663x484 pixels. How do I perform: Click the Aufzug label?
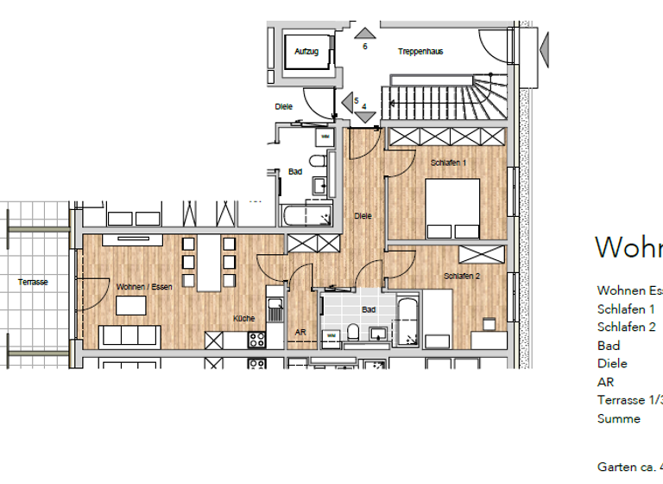pyautogui.click(x=306, y=52)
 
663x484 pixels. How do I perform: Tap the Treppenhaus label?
pyautogui.click(x=420, y=52)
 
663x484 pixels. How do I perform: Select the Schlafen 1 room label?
pyautogui.click(x=448, y=162)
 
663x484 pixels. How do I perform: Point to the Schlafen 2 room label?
pyautogui.click(x=462, y=276)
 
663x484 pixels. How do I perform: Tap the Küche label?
pyautogui.click(x=244, y=319)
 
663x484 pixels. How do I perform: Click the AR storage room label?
pyautogui.click(x=300, y=332)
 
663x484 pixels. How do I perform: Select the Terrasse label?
pyautogui.click(x=33, y=283)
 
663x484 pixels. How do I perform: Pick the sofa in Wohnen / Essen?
pyautogui.click(x=129, y=335)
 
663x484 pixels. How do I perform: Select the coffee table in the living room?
pyautogui.click(x=130, y=305)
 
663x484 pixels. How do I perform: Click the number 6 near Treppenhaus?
pyautogui.click(x=365, y=47)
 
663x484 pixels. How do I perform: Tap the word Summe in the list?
pyautogui.click(x=619, y=418)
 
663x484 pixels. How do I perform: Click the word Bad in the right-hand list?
pyautogui.click(x=608, y=346)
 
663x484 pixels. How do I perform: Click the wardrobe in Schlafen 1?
pyautogui.click(x=445, y=137)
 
